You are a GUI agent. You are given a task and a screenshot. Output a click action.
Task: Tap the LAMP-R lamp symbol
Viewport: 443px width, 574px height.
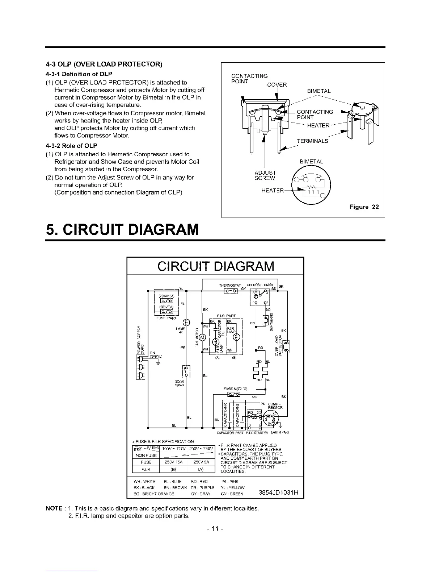point(186,323)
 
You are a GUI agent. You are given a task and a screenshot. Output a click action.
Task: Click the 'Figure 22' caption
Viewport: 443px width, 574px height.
point(364,207)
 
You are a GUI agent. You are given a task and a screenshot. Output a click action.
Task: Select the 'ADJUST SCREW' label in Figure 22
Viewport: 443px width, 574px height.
point(265,175)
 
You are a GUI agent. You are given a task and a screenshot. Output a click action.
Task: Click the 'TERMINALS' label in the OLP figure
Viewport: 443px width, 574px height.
point(312,141)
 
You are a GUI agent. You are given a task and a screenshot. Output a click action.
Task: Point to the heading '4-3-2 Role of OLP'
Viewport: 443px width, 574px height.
point(71,146)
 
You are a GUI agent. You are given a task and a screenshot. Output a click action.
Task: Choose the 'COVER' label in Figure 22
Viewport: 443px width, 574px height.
point(277,85)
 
